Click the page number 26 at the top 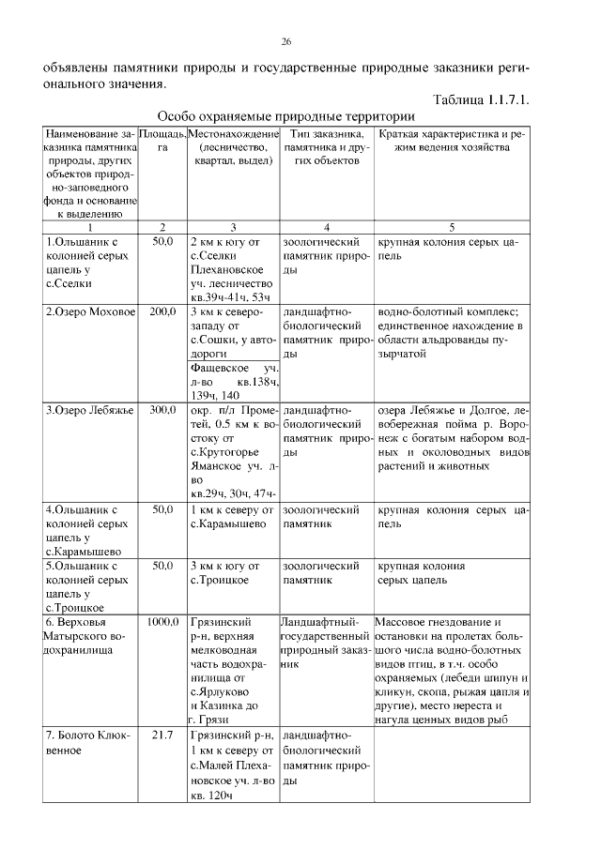coord(286,42)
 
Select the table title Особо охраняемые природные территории coord(285,117)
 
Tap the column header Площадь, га coord(162,142)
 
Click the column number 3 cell coord(233,226)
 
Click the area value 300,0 coord(162,410)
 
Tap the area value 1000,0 coord(162,621)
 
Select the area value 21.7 coord(162,734)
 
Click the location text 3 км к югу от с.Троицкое coord(225,573)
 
